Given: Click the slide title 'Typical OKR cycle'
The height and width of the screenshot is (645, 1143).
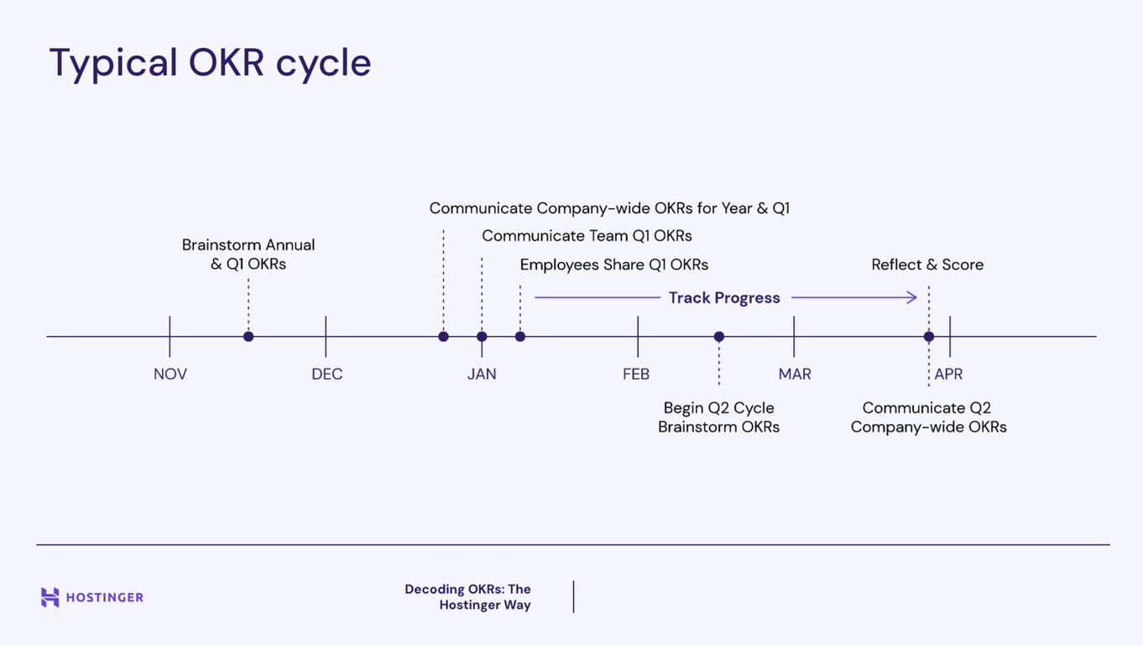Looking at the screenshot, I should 210,63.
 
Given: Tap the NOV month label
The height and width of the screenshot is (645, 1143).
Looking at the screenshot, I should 170,374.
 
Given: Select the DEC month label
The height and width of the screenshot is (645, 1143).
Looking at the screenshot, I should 326,374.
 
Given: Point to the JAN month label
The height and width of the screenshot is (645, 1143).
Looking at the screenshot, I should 482,374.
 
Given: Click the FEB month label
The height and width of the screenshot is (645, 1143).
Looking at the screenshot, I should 636,374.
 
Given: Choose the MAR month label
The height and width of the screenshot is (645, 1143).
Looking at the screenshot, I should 794,374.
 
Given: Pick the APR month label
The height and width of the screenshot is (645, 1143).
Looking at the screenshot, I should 948,374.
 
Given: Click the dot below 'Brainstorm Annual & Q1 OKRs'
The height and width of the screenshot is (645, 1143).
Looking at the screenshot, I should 248,337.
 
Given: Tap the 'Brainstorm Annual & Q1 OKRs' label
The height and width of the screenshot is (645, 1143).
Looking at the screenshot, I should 248,254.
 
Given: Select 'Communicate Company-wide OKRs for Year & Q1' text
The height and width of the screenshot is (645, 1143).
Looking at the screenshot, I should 609,208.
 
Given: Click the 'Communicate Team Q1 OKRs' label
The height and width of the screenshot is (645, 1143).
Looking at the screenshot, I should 587,236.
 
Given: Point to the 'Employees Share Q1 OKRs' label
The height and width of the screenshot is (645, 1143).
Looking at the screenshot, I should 613,265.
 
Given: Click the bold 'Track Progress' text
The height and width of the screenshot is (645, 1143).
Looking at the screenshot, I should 724,298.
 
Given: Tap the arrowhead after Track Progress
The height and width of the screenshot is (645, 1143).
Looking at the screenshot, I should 912,297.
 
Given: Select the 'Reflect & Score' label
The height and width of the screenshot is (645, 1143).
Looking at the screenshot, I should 927,265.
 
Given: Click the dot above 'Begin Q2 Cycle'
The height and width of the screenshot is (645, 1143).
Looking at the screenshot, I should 719,337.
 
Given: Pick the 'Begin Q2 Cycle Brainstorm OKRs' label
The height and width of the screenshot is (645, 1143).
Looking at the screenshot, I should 719,417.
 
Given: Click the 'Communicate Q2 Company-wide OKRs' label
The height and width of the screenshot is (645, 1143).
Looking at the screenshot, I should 928,417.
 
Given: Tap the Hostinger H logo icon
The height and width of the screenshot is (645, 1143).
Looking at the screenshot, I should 50,597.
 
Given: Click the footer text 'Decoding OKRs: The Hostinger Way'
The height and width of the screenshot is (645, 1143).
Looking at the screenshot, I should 468,597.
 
